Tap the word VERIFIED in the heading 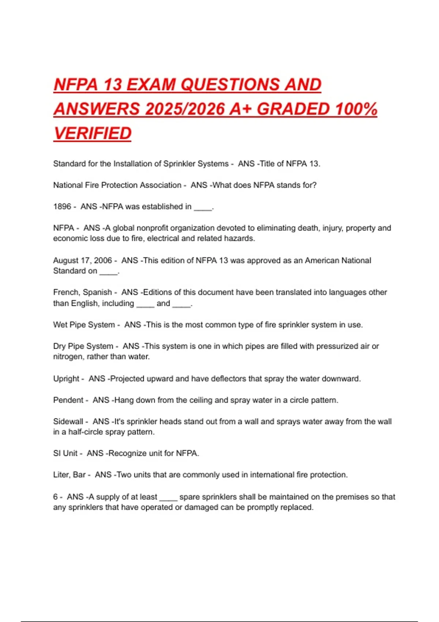tap(93, 134)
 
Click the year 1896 tap(62, 207)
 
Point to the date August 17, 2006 tap(83, 261)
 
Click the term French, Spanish tap(83, 292)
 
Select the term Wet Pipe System tap(84, 325)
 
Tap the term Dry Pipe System tap(83, 346)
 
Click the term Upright tap(66, 379)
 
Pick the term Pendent tap(68, 400)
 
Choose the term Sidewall tap(68, 421)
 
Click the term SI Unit tap(65, 453)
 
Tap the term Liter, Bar tap(70, 475)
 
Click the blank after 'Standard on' tap(109, 273)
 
